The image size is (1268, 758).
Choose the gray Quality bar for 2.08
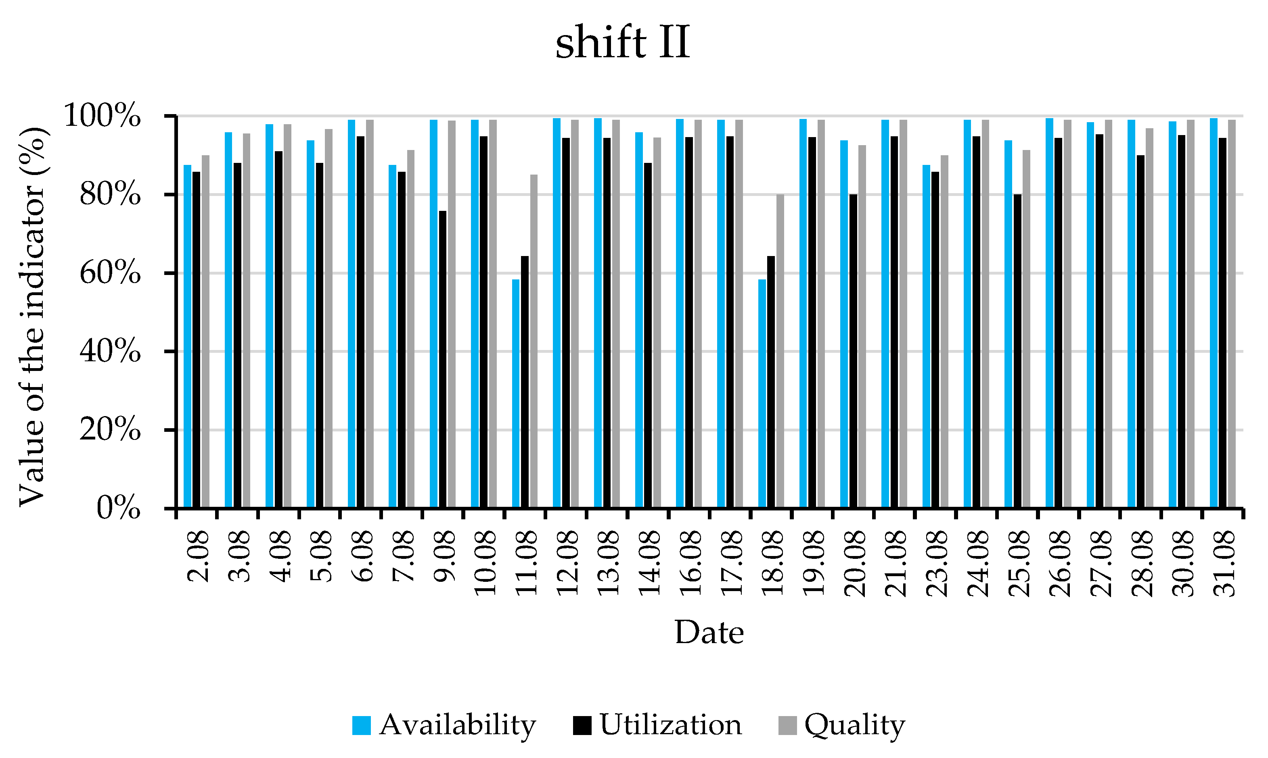tap(205, 332)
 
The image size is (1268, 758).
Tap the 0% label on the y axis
tap(118, 508)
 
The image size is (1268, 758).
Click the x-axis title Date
tap(709, 633)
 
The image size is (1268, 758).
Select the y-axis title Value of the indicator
tap(33, 317)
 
